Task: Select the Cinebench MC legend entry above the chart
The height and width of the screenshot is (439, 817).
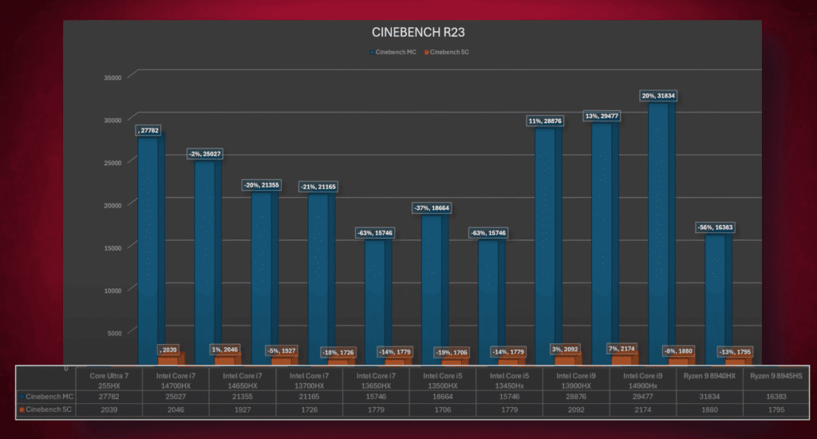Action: tap(393, 53)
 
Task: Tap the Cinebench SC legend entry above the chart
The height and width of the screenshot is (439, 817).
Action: tap(446, 53)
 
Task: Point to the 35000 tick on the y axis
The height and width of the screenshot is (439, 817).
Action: tap(112, 77)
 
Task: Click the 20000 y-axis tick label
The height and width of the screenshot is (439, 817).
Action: tap(112, 205)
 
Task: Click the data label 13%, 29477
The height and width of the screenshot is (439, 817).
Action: tap(602, 116)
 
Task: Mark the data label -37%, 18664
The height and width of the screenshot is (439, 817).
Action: tap(431, 208)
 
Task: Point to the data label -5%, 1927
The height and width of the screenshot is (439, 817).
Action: tap(283, 350)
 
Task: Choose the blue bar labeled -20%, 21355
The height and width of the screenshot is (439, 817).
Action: tap(261, 271)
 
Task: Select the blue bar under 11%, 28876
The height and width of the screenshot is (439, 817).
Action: tap(545, 239)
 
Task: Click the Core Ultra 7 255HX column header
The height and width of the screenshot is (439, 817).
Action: tap(109, 379)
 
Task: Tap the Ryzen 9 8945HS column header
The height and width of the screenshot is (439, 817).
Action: tap(776, 375)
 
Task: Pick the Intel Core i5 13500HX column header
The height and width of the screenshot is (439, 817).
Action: tap(442, 379)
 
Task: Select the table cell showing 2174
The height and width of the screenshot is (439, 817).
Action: tap(642, 409)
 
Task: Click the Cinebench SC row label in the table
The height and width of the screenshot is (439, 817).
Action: tap(46, 409)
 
